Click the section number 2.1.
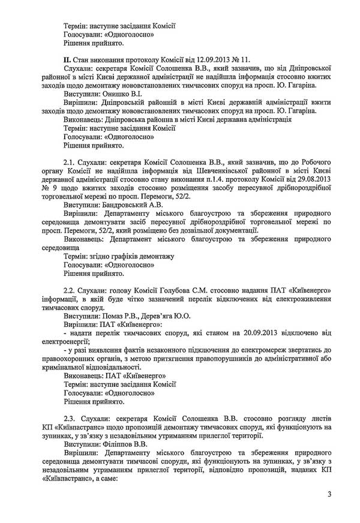[x=70, y=163]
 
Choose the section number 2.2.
[x=70, y=290]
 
